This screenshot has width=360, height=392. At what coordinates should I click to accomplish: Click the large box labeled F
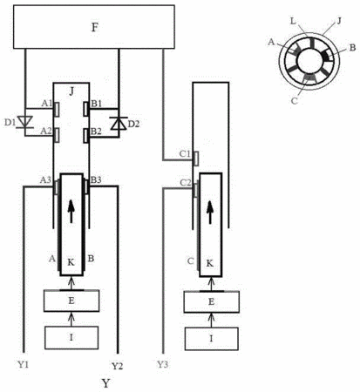coord(94,26)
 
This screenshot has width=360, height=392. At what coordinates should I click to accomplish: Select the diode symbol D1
coord(25,122)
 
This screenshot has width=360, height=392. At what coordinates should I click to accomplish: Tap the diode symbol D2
coord(119,124)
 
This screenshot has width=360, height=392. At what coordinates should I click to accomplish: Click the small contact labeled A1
coord(57,110)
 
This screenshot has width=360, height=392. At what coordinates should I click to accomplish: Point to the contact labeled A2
coord(57,135)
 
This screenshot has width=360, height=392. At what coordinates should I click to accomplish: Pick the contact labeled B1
coord(86,109)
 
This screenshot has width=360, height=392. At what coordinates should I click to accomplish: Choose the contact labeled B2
coord(86,136)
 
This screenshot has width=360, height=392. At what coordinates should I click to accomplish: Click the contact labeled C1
coord(196,159)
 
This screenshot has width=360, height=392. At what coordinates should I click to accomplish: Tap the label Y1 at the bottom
coord(24,364)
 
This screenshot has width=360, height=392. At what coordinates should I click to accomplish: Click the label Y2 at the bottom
coord(117,366)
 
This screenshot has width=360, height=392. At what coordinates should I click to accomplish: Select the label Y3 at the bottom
coord(162,364)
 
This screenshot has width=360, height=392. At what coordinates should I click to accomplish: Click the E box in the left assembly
coord(71,301)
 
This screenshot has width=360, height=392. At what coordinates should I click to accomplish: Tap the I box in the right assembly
coord(212,339)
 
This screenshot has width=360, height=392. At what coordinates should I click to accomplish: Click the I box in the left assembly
coord(71,337)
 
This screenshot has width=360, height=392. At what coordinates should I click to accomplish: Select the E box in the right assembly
coord(212,301)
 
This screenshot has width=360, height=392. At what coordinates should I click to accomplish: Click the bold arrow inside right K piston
coord(210,213)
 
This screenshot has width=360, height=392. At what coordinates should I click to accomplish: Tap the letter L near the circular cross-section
coord(293,21)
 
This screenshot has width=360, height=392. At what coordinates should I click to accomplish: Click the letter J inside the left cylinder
coord(71,91)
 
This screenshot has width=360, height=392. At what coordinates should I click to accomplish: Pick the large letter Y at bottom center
coord(105,383)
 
